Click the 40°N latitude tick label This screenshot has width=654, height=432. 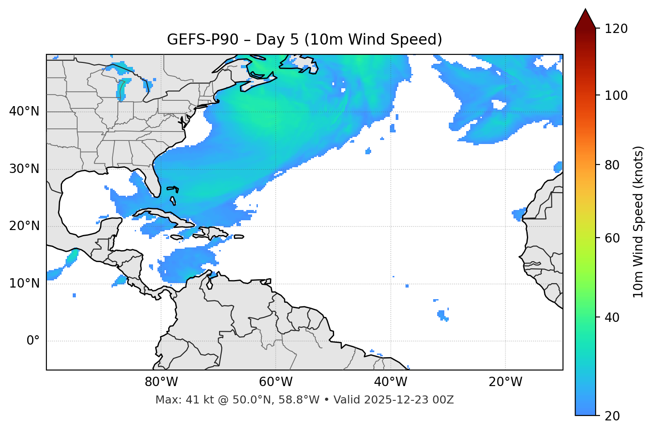point(24,111)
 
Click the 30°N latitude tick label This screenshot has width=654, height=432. point(24,169)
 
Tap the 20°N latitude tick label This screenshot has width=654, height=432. point(24,226)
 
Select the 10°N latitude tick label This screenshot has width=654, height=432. point(24,284)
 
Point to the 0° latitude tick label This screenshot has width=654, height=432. point(33,341)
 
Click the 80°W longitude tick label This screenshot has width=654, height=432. point(161,382)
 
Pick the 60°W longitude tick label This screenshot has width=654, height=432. point(276,382)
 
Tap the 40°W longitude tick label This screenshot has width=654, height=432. point(390,382)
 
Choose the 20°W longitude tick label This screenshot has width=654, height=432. point(505,382)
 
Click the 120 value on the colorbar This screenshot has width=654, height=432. point(616,29)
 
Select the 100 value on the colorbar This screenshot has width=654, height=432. point(616,95)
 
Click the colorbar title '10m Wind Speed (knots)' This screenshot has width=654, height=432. point(638,222)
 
